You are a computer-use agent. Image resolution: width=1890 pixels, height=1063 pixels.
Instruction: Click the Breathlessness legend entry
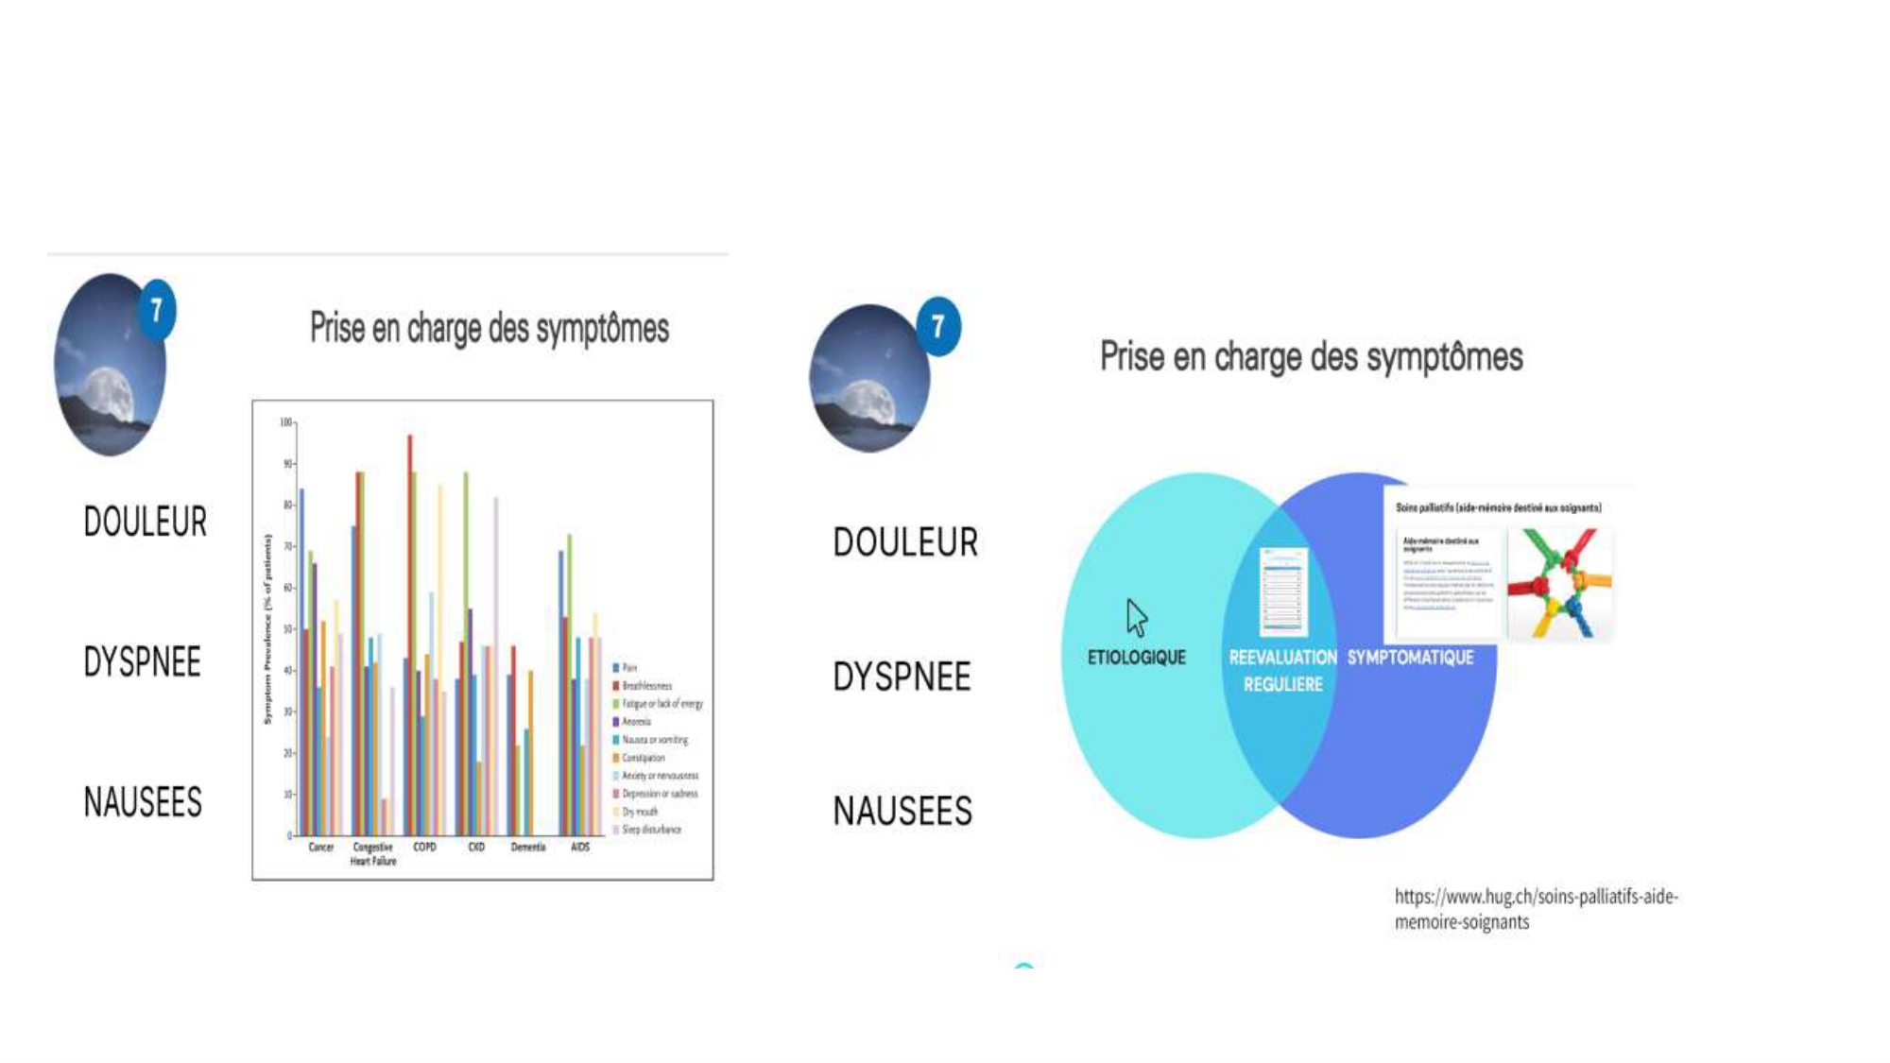tap(646, 686)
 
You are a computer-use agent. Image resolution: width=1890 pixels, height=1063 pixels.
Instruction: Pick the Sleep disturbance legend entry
tap(650, 830)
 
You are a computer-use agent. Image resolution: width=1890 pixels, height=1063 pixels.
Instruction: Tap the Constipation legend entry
tap(643, 758)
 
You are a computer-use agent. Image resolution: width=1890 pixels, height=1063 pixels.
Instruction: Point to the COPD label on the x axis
tap(424, 848)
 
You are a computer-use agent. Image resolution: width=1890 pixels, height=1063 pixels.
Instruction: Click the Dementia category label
tap(528, 848)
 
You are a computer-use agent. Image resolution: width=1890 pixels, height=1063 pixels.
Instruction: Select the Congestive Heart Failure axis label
tap(373, 854)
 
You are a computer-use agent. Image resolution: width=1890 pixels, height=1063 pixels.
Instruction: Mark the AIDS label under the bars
tap(580, 848)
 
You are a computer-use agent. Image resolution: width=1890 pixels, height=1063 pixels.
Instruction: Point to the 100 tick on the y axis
tap(286, 422)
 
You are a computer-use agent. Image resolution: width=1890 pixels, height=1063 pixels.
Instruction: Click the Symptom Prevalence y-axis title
tap(267, 629)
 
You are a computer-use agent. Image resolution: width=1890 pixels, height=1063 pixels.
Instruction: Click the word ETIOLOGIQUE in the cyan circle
tap(1136, 658)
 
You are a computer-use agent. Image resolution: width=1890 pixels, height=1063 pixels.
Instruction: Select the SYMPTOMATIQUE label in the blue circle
tap(1410, 658)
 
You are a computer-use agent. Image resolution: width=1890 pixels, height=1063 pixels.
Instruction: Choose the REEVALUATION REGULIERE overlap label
tap(1282, 670)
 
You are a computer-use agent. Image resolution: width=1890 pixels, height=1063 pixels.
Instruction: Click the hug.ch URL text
tap(1536, 908)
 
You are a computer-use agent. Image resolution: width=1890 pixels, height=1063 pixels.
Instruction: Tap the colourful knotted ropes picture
tap(1559, 584)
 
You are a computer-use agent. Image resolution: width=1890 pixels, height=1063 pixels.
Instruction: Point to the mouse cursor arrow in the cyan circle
tap(1136, 618)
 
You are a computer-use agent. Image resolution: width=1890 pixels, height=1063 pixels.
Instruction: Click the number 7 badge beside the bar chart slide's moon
tap(157, 310)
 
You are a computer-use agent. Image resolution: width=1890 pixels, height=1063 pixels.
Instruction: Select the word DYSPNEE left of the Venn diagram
tap(902, 677)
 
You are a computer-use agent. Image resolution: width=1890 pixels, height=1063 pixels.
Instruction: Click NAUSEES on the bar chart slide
tap(143, 802)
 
